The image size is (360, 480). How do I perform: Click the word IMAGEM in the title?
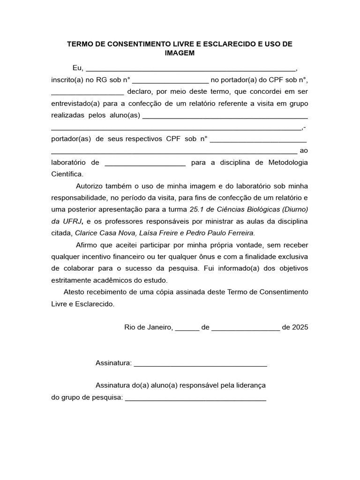pyautogui.click(x=180, y=53)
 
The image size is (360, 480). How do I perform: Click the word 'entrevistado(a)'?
pyautogui.click(x=75, y=103)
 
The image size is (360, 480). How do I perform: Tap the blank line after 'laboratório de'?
pyautogui.click(x=145, y=163)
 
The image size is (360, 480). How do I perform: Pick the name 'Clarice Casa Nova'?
pyautogui.click(x=103, y=232)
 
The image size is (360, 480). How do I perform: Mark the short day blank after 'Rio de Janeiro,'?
pyautogui.click(x=187, y=328)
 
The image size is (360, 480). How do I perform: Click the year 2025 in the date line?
pyautogui.click(x=300, y=327)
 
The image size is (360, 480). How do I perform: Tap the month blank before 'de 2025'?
pyautogui.click(x=246, y=328)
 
